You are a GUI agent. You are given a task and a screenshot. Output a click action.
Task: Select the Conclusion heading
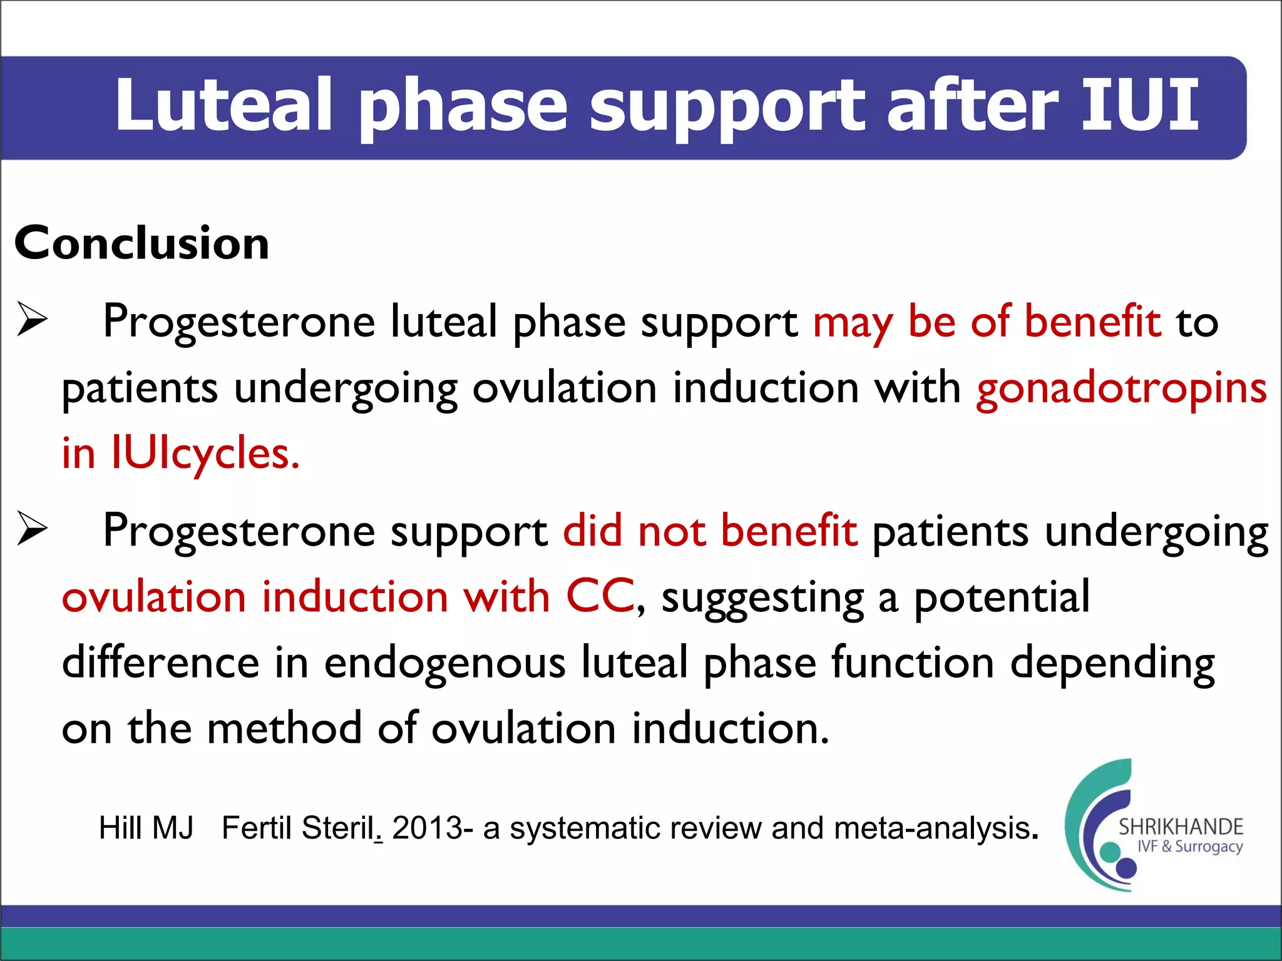click(142, 243)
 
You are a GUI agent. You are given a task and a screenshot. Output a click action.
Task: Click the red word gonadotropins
click(1121, 389)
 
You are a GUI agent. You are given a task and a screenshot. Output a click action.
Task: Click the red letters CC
click(600, 596)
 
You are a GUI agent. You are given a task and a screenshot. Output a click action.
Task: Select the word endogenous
click(444, 663)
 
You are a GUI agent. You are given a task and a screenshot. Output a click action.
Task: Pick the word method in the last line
click(284, 729)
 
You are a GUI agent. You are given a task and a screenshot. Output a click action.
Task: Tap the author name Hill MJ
click(146, 828)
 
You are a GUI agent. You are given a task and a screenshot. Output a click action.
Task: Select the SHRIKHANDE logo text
click(1181, 827)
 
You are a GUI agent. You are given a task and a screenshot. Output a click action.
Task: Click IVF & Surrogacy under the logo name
click(1189, 847)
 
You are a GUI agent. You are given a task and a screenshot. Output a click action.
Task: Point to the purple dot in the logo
click(1126, 868)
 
